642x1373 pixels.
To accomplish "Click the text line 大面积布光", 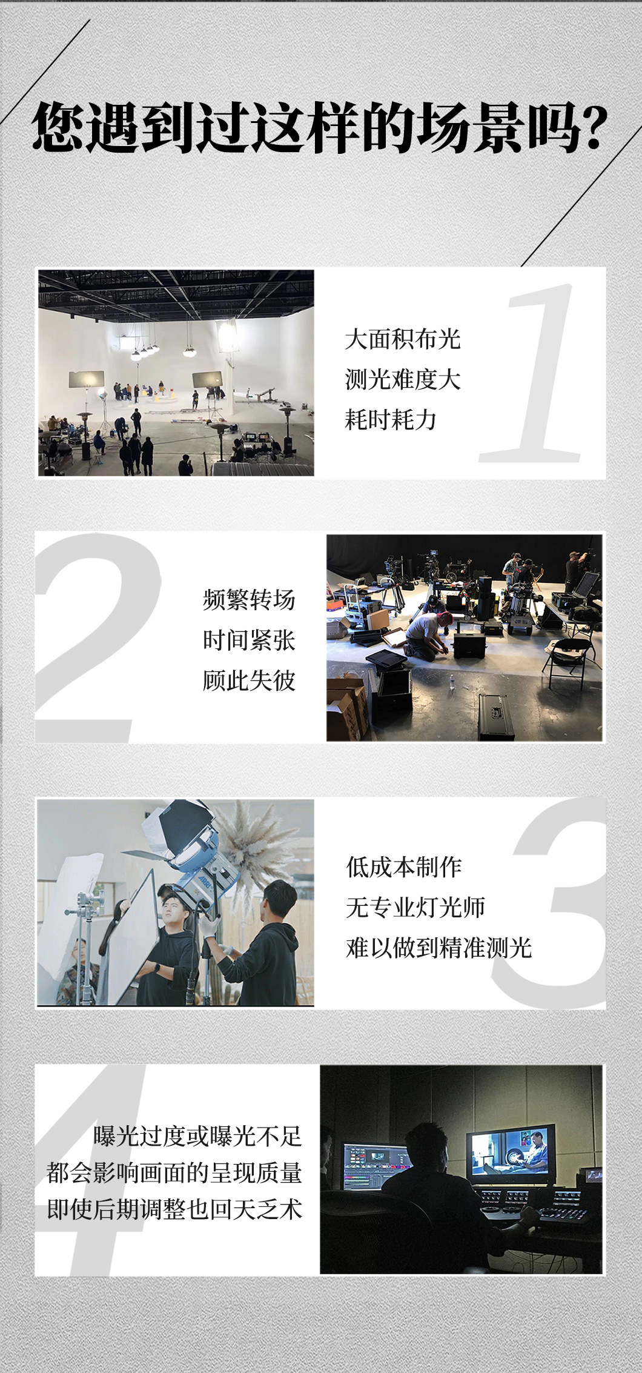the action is point(403,339).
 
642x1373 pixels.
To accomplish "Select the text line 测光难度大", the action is point(403,380).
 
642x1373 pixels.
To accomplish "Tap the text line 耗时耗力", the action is point(391,420).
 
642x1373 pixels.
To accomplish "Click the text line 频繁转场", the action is point(249,600).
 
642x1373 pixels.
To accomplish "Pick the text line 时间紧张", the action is point(249,640).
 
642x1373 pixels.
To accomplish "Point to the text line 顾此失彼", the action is point(249,681).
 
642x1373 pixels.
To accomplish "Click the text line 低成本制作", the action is point(404,867).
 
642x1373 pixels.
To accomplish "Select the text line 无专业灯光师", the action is point(415,908).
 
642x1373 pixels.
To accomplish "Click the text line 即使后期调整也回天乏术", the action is point(174,1209).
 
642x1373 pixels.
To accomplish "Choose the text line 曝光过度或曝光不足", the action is point(197,1136).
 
